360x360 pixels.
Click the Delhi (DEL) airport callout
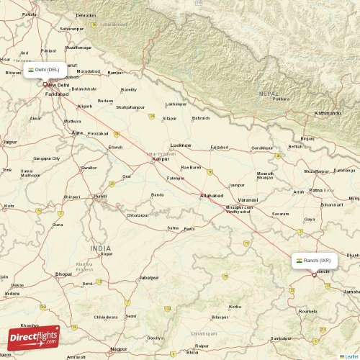(45, 70)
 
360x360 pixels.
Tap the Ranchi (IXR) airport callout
(313, 260)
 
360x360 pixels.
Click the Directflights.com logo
(34, 338)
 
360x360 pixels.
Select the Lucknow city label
(180, 145)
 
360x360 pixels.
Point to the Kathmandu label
(328, 113)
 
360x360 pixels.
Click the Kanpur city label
(160, 159)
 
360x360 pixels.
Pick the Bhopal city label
(63, 274)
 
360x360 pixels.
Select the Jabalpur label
(149, 277)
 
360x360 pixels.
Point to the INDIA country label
(101, 248)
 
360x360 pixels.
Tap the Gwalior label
(89, 167)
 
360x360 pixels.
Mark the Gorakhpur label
(262, 148)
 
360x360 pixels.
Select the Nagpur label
(119, 348)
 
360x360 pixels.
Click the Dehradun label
(86, 15)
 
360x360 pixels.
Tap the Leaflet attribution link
(351, 356)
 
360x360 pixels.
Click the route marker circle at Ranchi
(314, 274)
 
